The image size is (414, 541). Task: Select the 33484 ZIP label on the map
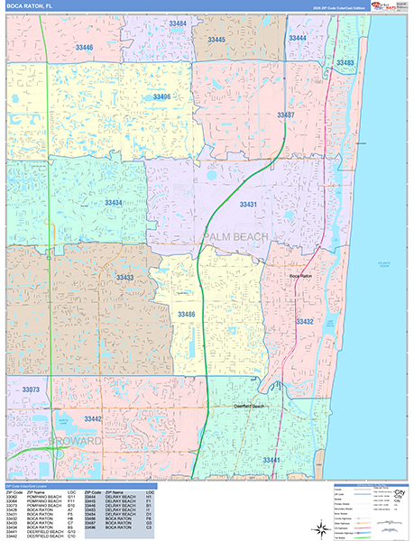coord(178,23)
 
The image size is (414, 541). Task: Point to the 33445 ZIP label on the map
coord(216,40)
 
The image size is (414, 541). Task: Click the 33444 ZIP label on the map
coord(295,38)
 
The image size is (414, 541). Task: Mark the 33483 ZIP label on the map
coord(344,62)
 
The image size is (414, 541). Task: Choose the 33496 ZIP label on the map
coord(162,96)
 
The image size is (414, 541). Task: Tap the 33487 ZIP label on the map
coord(285,115)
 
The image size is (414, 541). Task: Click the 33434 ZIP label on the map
coord(114,203)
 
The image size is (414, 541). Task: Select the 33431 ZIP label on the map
coord(248,205)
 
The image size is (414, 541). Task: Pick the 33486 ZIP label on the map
coord(187,313)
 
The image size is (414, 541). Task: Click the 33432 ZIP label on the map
coord(305,321)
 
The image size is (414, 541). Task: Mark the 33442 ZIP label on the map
coord(93,419)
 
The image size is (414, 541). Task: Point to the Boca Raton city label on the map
coord(300,276)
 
